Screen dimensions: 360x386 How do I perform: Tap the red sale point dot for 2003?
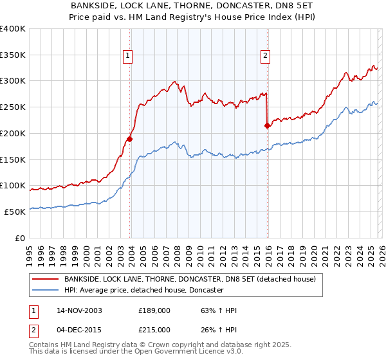pyautogui.click(x=130, y=138)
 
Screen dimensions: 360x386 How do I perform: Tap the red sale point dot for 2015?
pyautogui.click(x=267, y=126)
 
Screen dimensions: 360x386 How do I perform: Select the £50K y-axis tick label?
pyautogui.click(x=14, y=212)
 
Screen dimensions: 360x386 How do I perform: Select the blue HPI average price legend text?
pyautogui.click(x=143, y=291)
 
